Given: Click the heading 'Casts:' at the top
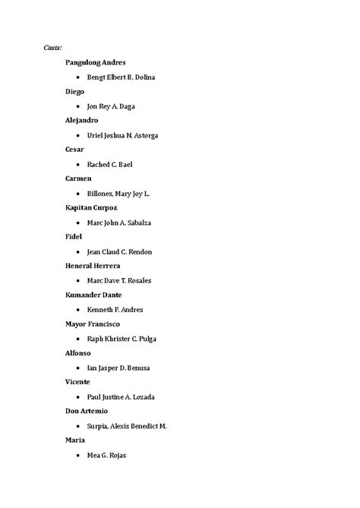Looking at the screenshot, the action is point(52,48).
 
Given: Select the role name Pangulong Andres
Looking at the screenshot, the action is point(96,62).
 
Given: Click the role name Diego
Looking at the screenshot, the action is point(75,91).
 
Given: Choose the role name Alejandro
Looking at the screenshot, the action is point(82,120).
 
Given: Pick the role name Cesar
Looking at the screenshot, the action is point(75,149).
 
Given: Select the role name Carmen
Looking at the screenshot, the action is point(78,178).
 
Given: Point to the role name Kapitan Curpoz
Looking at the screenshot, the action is point(92,207).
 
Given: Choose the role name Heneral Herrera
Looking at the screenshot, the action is point(93,266).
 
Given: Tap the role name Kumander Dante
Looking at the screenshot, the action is point(93,295).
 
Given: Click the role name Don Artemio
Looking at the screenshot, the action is point(87,411).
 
